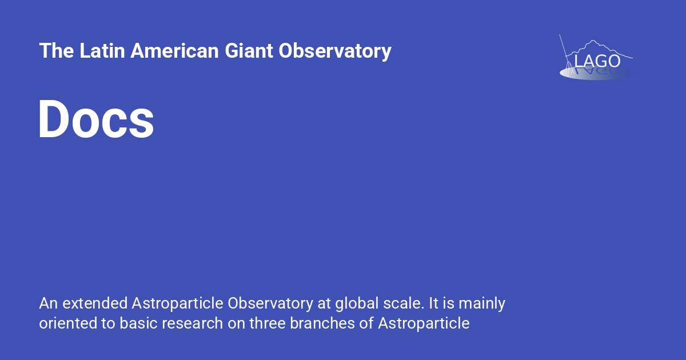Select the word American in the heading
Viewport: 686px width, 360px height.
174,51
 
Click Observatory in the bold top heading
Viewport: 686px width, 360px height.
335,51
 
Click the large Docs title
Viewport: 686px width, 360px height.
96,119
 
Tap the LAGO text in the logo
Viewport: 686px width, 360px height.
597,61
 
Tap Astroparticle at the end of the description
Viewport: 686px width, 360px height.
424,323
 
